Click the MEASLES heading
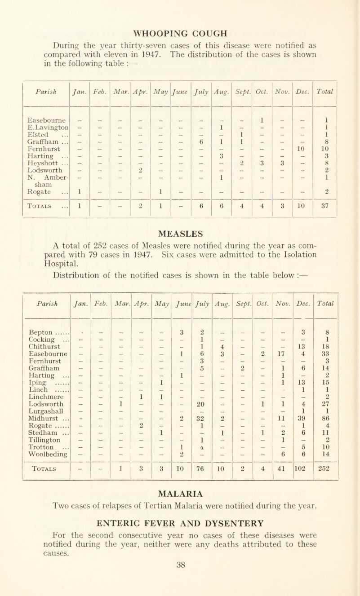coord(180,233)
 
